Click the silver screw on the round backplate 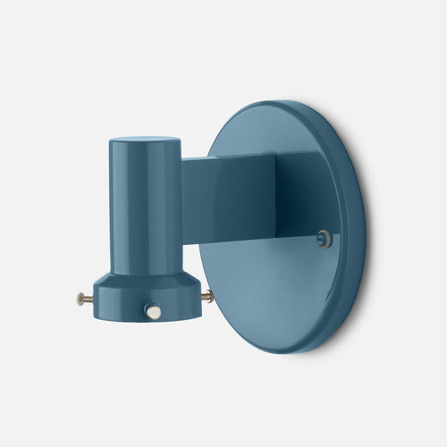point(325,238)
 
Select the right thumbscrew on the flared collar point(207,295)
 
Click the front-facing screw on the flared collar point(153,311)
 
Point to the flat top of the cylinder point(144,141)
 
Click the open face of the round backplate point(268,286)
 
